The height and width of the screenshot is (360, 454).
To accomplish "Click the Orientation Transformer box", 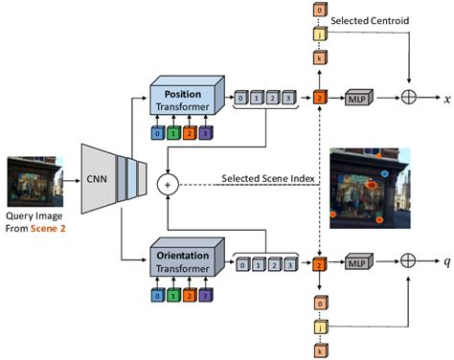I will click(x=185, y=260).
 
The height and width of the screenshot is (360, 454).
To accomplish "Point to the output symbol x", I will click(x=447, y=98).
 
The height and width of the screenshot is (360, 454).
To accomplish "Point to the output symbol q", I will click(x=447, y=260).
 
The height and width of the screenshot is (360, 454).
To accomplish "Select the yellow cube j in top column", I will click(x=320, y=34).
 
